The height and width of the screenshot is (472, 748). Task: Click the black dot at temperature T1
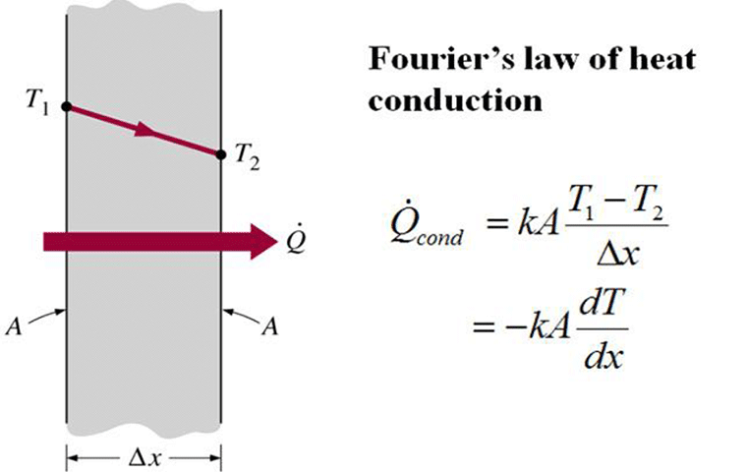pos(66,105)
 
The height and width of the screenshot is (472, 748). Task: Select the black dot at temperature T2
pos(221,152)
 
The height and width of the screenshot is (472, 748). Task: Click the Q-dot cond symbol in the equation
pos(418,234)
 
